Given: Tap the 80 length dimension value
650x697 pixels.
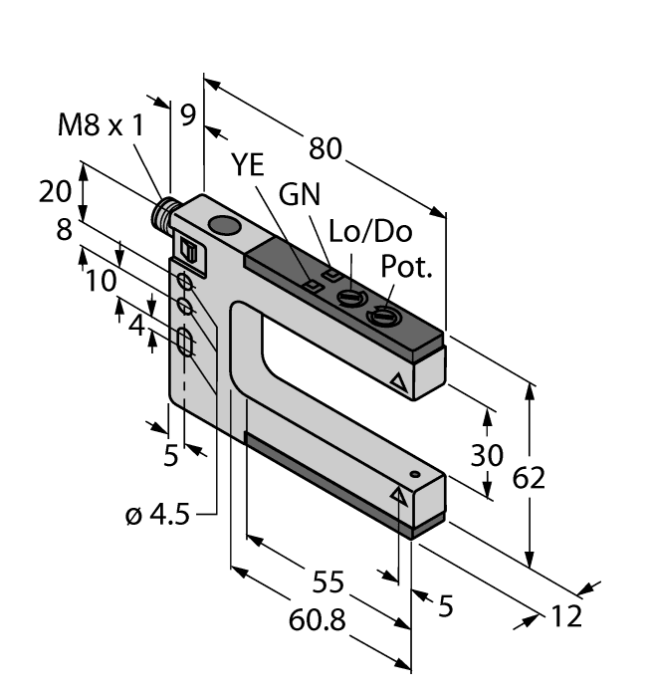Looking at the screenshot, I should point(325,148).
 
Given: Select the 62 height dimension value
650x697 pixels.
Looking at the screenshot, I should point(530,479).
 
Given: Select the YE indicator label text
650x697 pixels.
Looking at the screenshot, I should point(249,167).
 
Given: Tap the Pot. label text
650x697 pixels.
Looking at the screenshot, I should point(407,269).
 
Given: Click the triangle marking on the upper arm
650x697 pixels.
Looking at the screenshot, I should point(399,381).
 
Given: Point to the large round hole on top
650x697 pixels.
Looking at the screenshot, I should point(225,229).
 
